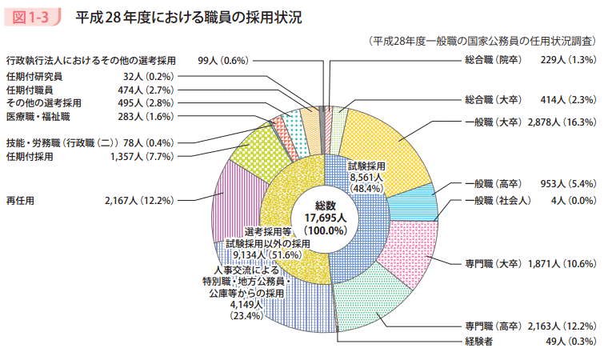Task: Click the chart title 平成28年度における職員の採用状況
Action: [189, 18]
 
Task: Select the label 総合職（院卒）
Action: [492, 60]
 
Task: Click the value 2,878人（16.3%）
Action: [562, 122]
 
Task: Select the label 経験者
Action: [478, 342]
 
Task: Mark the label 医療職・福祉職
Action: [38, 117]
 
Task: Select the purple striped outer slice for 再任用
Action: [239, 200]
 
